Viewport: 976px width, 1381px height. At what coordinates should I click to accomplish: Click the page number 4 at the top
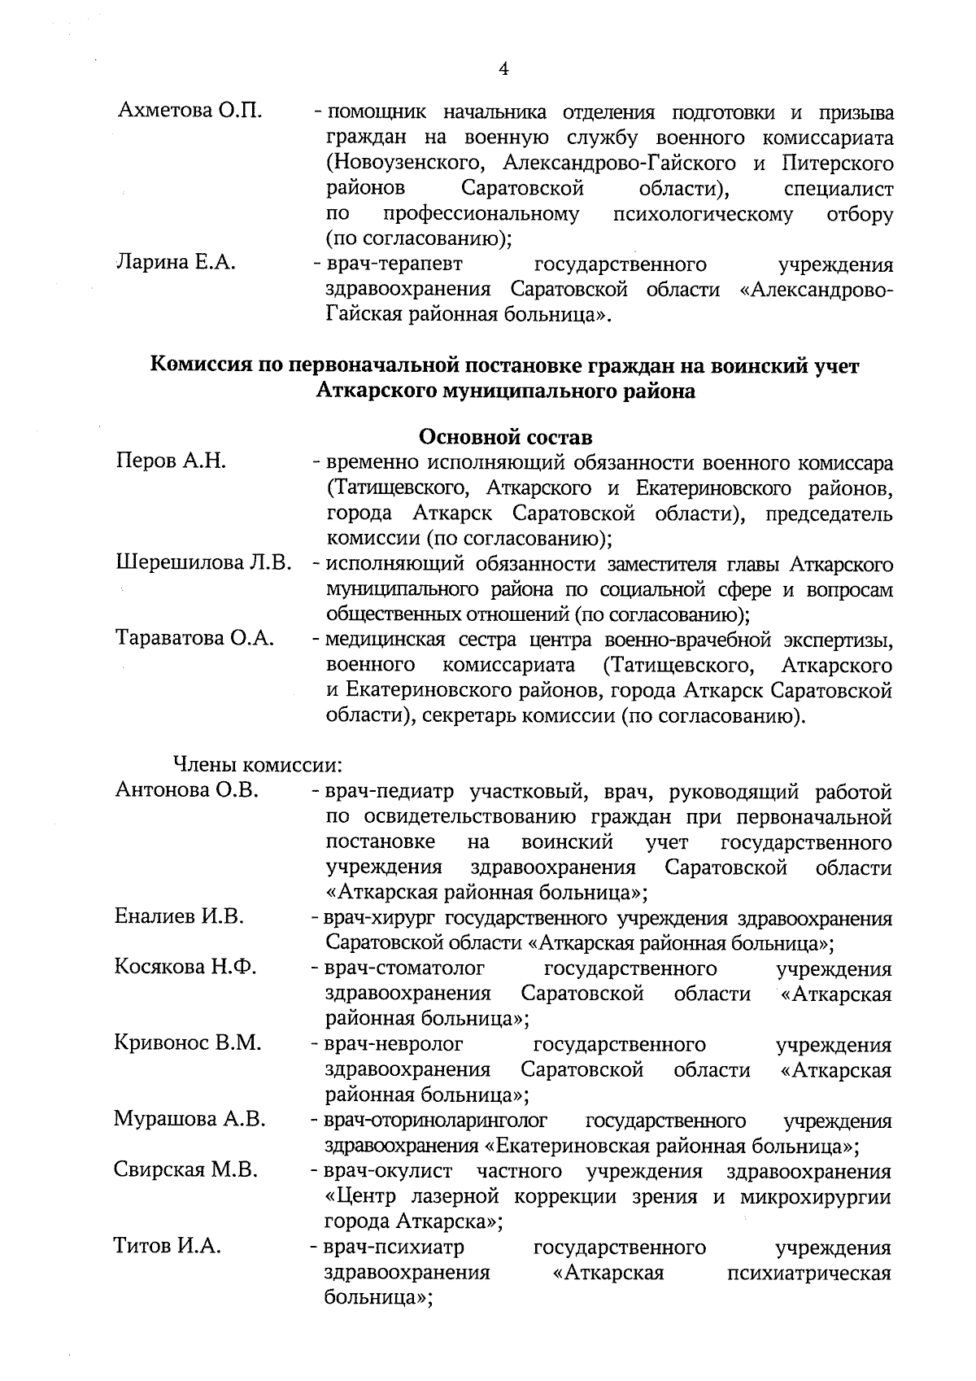(503, 70)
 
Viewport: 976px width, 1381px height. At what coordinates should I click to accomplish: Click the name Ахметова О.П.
(190, 111)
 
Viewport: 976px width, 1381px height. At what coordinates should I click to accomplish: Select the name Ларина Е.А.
(176, 263)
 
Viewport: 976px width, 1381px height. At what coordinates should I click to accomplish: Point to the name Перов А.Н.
(171, 462)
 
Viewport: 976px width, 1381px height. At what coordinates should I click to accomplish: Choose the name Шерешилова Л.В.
(203, 563)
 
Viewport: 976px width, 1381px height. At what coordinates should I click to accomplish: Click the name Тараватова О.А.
(194, 639)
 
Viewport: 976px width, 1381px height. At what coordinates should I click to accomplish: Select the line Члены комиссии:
(257, 766)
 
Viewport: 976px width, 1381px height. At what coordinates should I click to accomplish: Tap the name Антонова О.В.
(187, 790)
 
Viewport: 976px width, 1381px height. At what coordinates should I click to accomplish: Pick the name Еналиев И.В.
(179, 917)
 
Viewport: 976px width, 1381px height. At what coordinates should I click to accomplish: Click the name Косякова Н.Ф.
(185, 968)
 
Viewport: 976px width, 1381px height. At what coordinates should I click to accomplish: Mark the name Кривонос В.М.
(188, 1043)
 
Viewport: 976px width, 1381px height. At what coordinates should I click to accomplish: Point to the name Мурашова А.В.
(190, 1120)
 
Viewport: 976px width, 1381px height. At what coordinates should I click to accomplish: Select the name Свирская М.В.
(186, 1171)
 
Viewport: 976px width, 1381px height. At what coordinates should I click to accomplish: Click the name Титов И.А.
(168, 1247)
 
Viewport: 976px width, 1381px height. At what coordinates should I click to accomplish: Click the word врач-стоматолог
(404, 968)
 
